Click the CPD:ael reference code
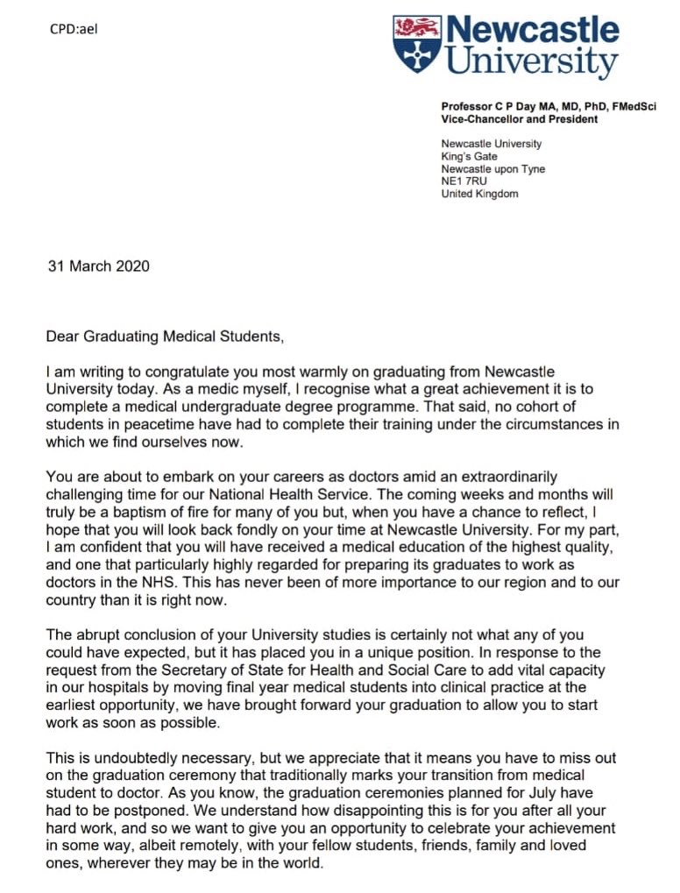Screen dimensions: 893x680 point(74,29)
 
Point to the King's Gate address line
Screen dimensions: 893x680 point(470,157)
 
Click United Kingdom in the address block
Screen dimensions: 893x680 point(479,194)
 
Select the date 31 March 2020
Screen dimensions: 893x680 point(98,266)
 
